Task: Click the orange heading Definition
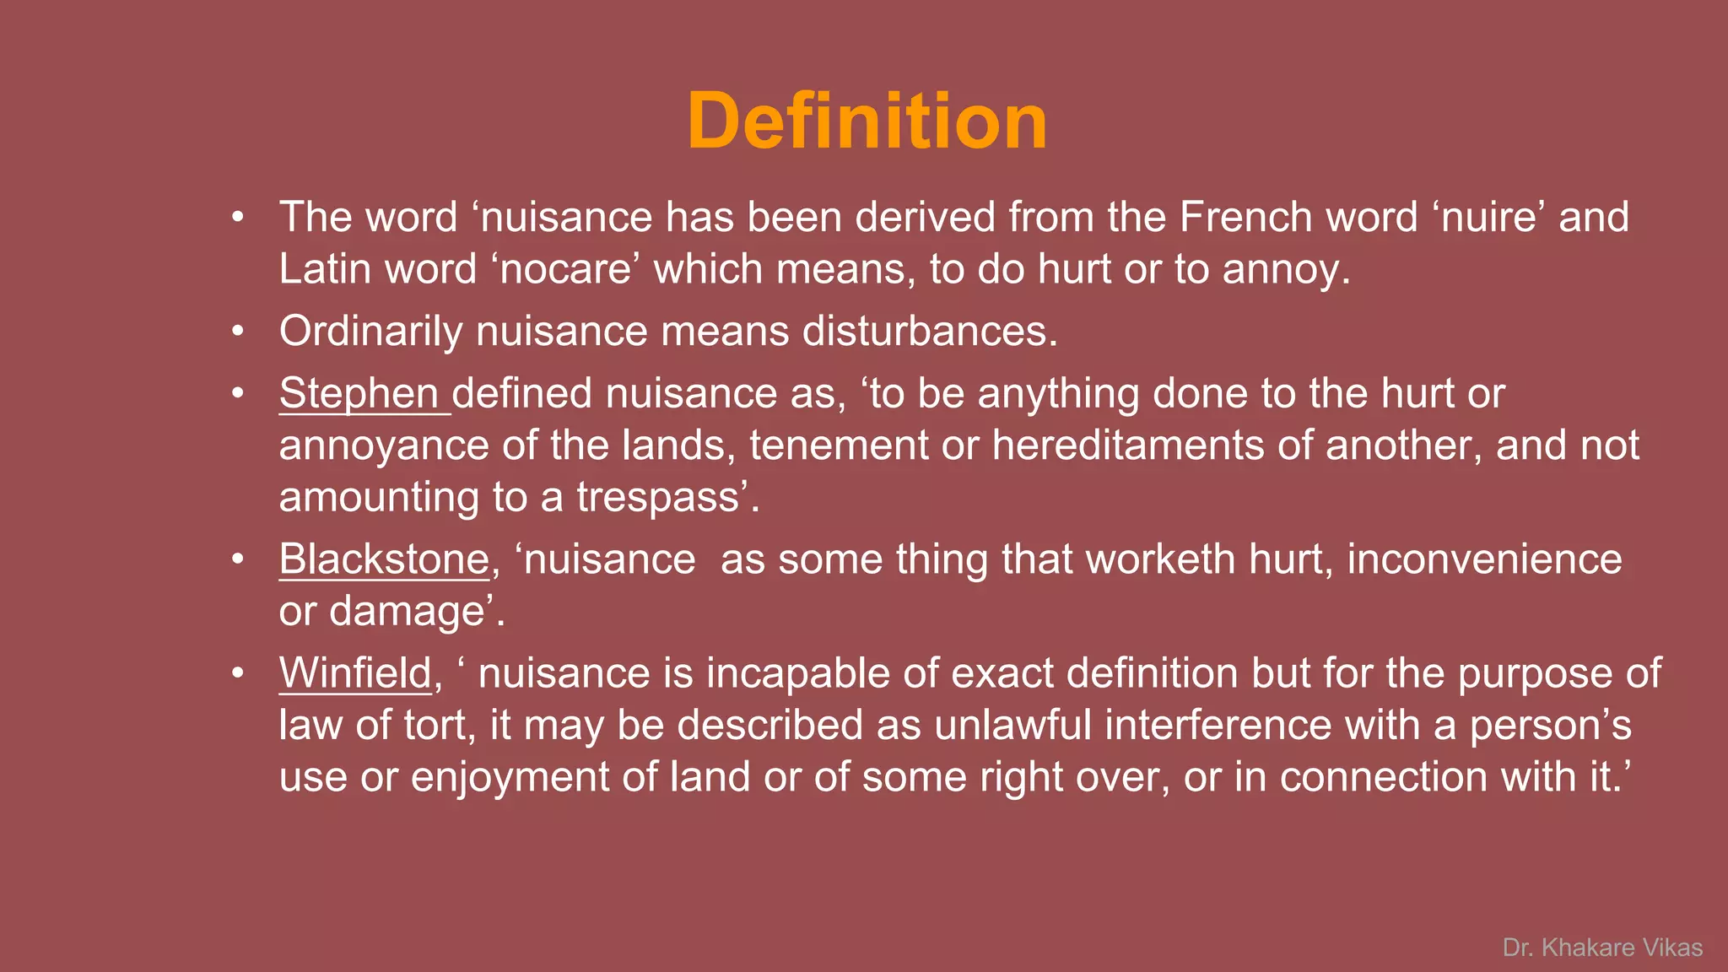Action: (867, 121)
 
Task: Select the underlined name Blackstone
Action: (384, 559)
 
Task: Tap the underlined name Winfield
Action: (355, 673)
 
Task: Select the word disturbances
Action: (929, 331)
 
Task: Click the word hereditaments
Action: (1128, 445)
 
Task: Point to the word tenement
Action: (839, 445)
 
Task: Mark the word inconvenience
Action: (1484, 559)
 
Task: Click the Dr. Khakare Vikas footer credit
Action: (1602, 948)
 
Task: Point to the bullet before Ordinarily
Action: (238, 331)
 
